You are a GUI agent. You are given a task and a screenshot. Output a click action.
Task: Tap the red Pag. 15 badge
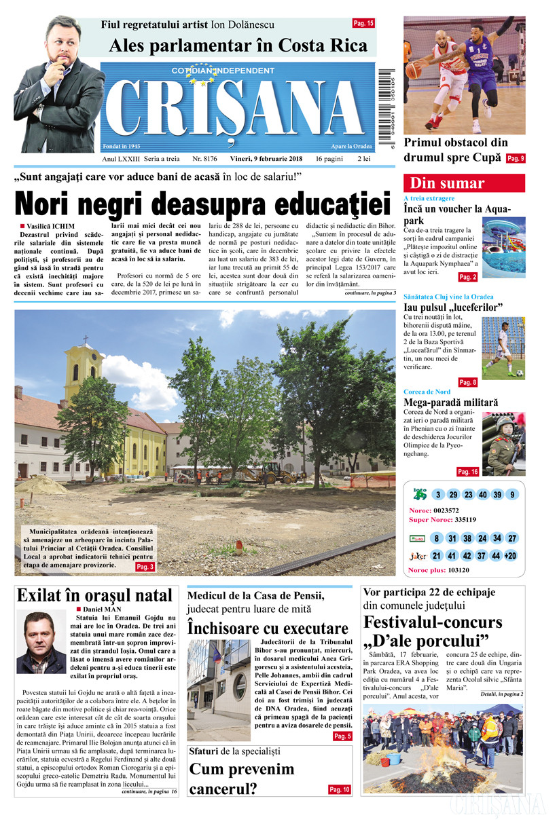363,23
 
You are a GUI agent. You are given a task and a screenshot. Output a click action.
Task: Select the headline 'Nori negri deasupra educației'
203,204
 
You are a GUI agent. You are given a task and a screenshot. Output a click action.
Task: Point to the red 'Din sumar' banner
465,183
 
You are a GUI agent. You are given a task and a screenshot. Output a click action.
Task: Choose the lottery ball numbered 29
453,494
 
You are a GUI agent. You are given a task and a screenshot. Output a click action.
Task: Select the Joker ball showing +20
511,556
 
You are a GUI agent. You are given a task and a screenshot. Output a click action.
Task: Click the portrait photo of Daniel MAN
41,641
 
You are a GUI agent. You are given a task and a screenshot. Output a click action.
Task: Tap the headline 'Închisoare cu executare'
268,628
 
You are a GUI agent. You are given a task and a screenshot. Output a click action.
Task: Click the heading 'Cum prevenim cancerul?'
242,778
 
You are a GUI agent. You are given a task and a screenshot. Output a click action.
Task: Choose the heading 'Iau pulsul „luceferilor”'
452,307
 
